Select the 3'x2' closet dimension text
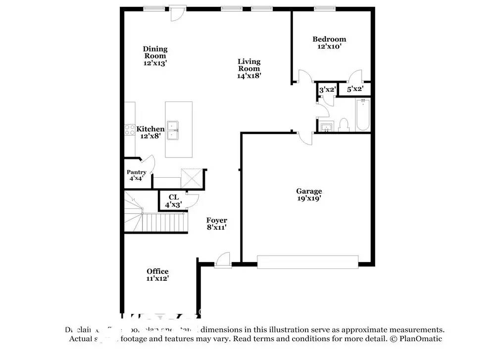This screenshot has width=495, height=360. pos(327,90)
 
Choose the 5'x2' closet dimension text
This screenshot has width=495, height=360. pos(355,89)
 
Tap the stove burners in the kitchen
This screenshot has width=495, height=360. pos(129,130)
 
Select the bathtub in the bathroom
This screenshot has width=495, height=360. pos(363,115)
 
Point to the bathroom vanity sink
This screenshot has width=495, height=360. pos(326,127)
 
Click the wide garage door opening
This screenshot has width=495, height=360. pos(307,262)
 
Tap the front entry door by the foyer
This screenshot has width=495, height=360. pos(222,260)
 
